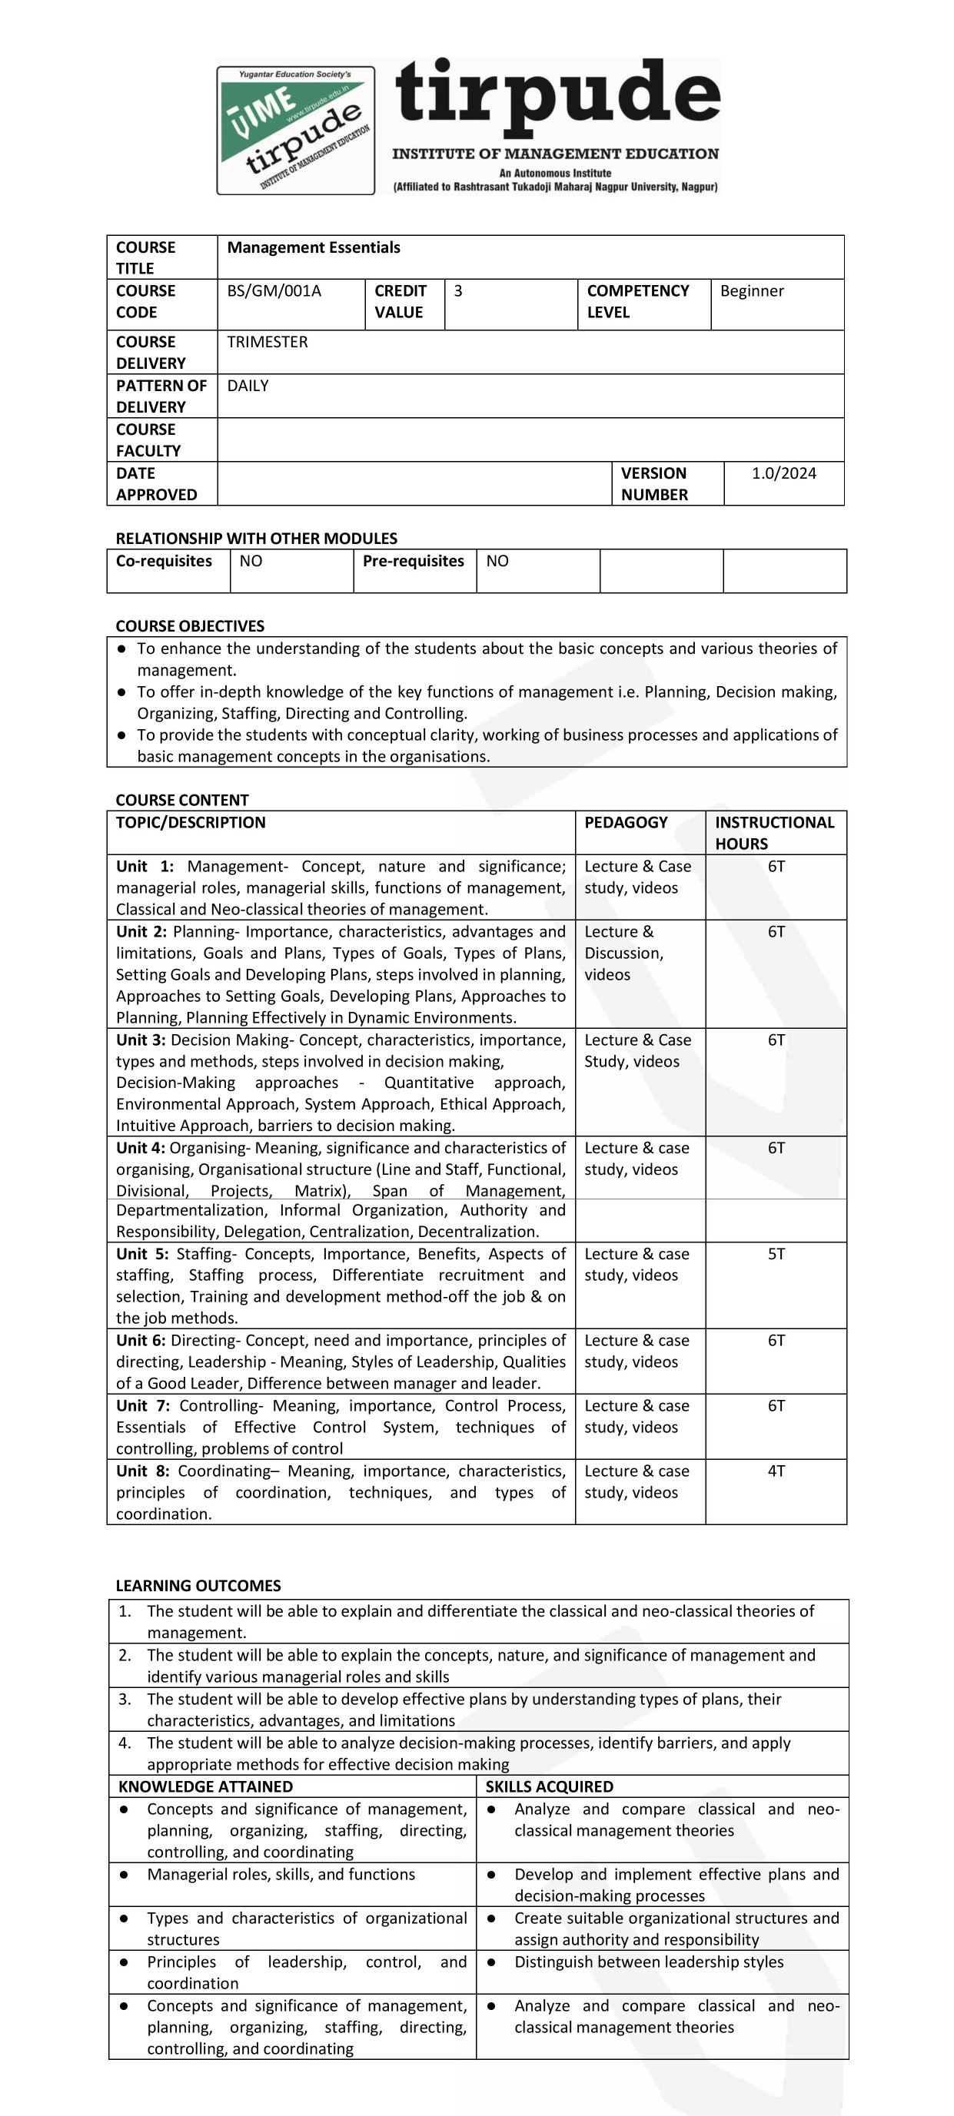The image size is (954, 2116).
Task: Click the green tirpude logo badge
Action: click(x=296, y=131)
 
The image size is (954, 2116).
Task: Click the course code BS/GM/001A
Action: click(x=274, y=290)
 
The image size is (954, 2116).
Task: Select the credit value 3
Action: click(x=457, y=290)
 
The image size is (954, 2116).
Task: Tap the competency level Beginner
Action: click(x=751, y=290)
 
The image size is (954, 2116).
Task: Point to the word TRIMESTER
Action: click(x=267, y=342)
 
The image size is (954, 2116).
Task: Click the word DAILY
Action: click(x=248, y=385)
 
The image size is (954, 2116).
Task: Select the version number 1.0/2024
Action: click(x=783, y=473)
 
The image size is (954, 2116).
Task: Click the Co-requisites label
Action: click(x=164, y=561)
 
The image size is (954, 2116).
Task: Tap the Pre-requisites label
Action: click(x=414, y=561)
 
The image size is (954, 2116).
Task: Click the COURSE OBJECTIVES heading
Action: click(x=190, y=626)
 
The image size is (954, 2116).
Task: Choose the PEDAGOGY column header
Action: click(x=625, y=822)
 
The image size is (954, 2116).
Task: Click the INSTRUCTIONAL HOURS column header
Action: click(x=774, y=833)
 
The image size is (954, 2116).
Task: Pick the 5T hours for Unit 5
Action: click(x=776, y=1253)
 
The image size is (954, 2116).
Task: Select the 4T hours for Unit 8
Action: click(x=776, y=1471)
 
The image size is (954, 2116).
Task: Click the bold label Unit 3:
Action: click(x=141, y=1040)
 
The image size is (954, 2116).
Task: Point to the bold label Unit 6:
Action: click(x=141, y=1340)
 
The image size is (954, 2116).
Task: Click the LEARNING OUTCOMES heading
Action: click(x=198, y=1585)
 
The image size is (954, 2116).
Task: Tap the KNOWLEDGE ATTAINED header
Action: click(x=205, y=1786)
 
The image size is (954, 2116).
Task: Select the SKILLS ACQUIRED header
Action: click(x=549, y=1786)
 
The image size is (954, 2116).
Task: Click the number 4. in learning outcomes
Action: click(x=125, y=1743)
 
